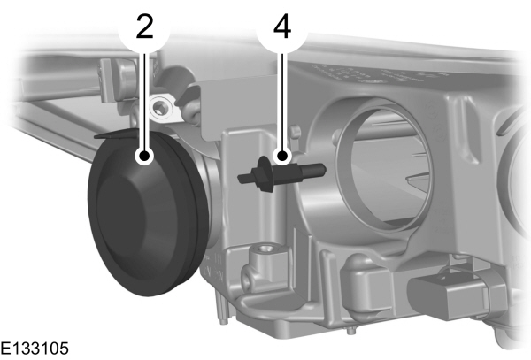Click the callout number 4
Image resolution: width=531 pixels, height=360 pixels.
pyautogui.click(x=281, y=27)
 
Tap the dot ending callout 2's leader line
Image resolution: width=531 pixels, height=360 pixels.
pyautogui.click(x=144, y=157)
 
